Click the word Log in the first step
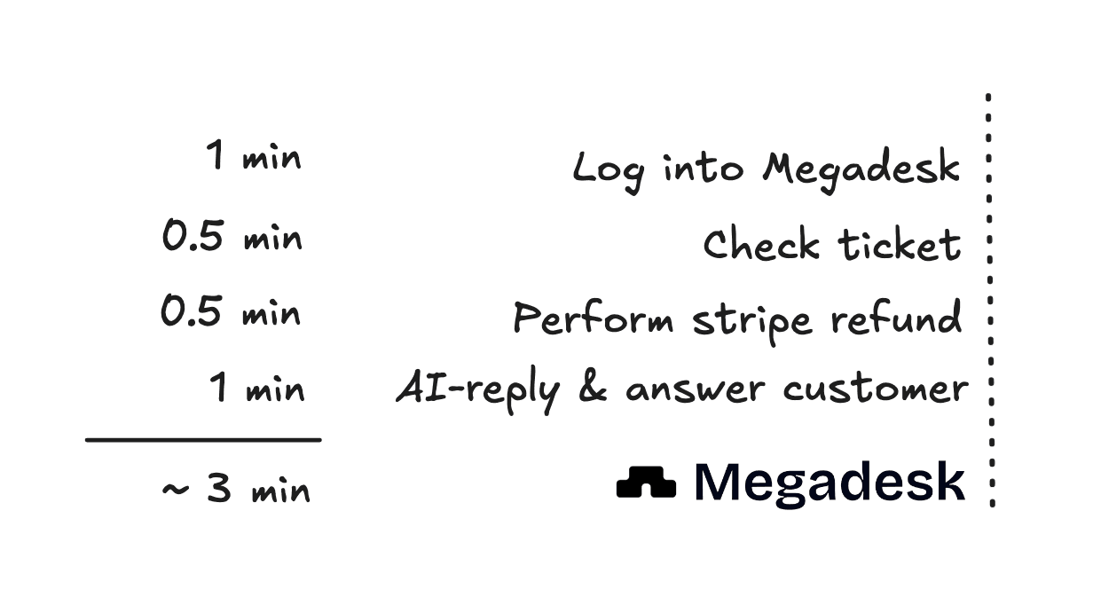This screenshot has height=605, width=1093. coord(608,173)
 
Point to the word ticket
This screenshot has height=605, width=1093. coord(900,244)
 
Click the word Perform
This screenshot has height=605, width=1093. coord(594,318)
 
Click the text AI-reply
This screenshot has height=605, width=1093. coord(477,390)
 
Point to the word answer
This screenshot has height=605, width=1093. coord(696,389)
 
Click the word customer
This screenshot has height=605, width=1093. coord(876,389)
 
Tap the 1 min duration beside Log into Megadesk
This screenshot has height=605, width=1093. coord(254,154)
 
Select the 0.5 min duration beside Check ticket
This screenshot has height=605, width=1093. coord(232,235)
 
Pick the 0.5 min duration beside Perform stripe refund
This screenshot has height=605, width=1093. coord(231,310)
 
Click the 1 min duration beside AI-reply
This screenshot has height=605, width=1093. coord(257,387)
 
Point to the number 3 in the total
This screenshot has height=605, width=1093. coord(219,487)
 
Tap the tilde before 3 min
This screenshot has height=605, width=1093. coord(176,489)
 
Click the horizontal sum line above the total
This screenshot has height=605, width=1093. coord(203,440)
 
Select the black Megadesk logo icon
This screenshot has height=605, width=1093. coord(646,482)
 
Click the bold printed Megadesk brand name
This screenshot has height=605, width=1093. coord(830,483)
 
